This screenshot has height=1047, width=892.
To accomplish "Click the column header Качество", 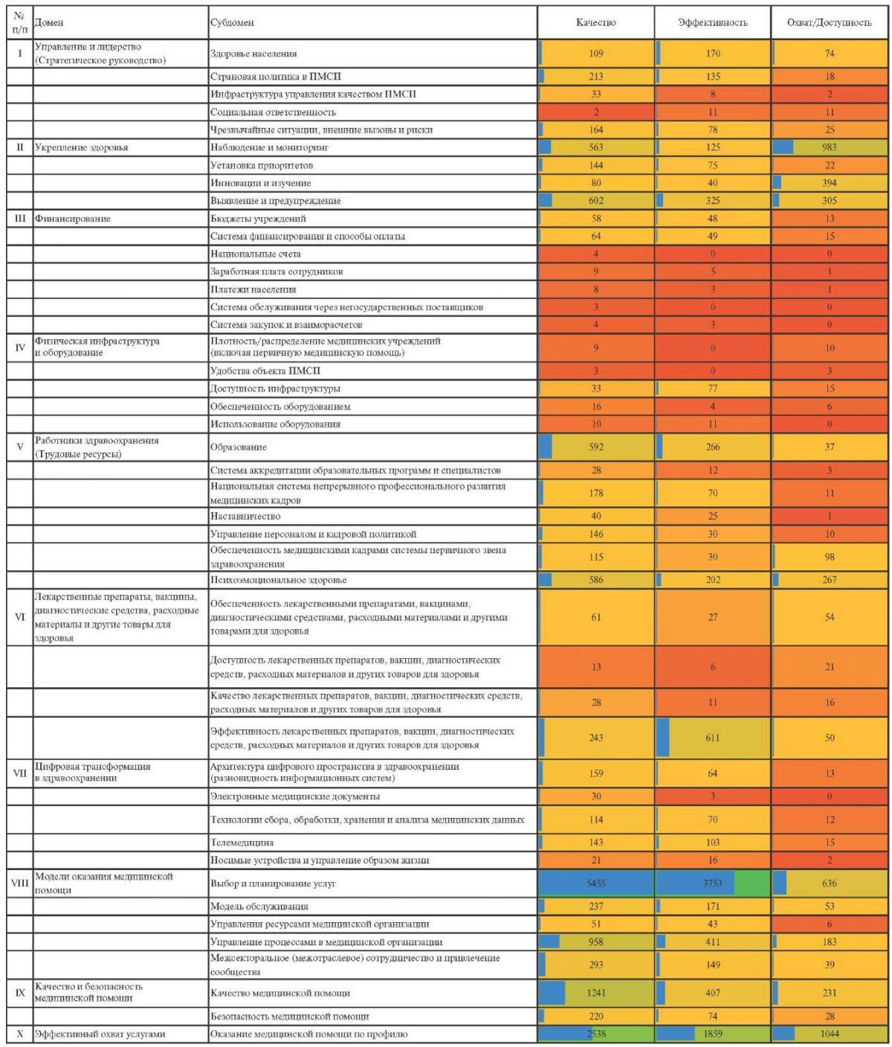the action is click(595, 22).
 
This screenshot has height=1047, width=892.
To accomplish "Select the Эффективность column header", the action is click(712, 22).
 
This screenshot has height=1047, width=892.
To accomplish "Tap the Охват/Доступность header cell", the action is click(830, 22).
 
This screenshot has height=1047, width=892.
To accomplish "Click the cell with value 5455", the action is click(596, 883).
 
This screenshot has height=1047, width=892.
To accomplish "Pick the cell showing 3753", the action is click(712, 883).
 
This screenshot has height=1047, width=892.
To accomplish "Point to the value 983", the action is click(830, 147).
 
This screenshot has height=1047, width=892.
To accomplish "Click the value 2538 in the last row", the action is click(596, 1034).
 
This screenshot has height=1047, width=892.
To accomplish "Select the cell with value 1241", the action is click(596, 993).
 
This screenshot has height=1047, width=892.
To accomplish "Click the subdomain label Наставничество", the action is click(245, 516).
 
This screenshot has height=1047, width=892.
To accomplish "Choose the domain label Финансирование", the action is click(72, 219).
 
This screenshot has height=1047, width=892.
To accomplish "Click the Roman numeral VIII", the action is click(20, 883).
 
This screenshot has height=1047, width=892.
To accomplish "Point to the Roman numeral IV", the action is click(20, 347).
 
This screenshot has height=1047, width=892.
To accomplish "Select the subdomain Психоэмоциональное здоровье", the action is click(279, 580).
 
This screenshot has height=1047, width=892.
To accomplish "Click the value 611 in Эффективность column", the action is click(712, 738).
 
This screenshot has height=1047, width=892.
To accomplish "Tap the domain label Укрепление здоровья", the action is click(81, 147).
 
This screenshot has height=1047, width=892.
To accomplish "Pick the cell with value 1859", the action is click(712, 1034).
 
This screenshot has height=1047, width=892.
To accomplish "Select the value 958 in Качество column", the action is click(596, 942).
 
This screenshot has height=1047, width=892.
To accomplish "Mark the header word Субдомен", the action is click(232, 22).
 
